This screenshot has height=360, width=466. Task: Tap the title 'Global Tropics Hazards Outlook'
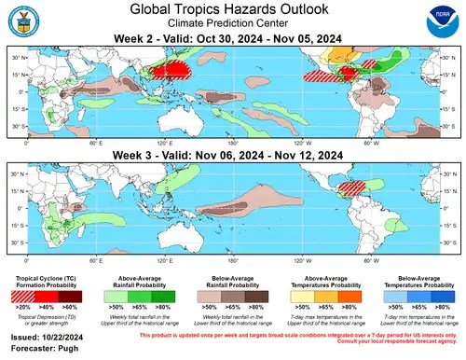pos(233,9)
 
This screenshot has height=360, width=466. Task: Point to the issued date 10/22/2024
pos(48,331)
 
